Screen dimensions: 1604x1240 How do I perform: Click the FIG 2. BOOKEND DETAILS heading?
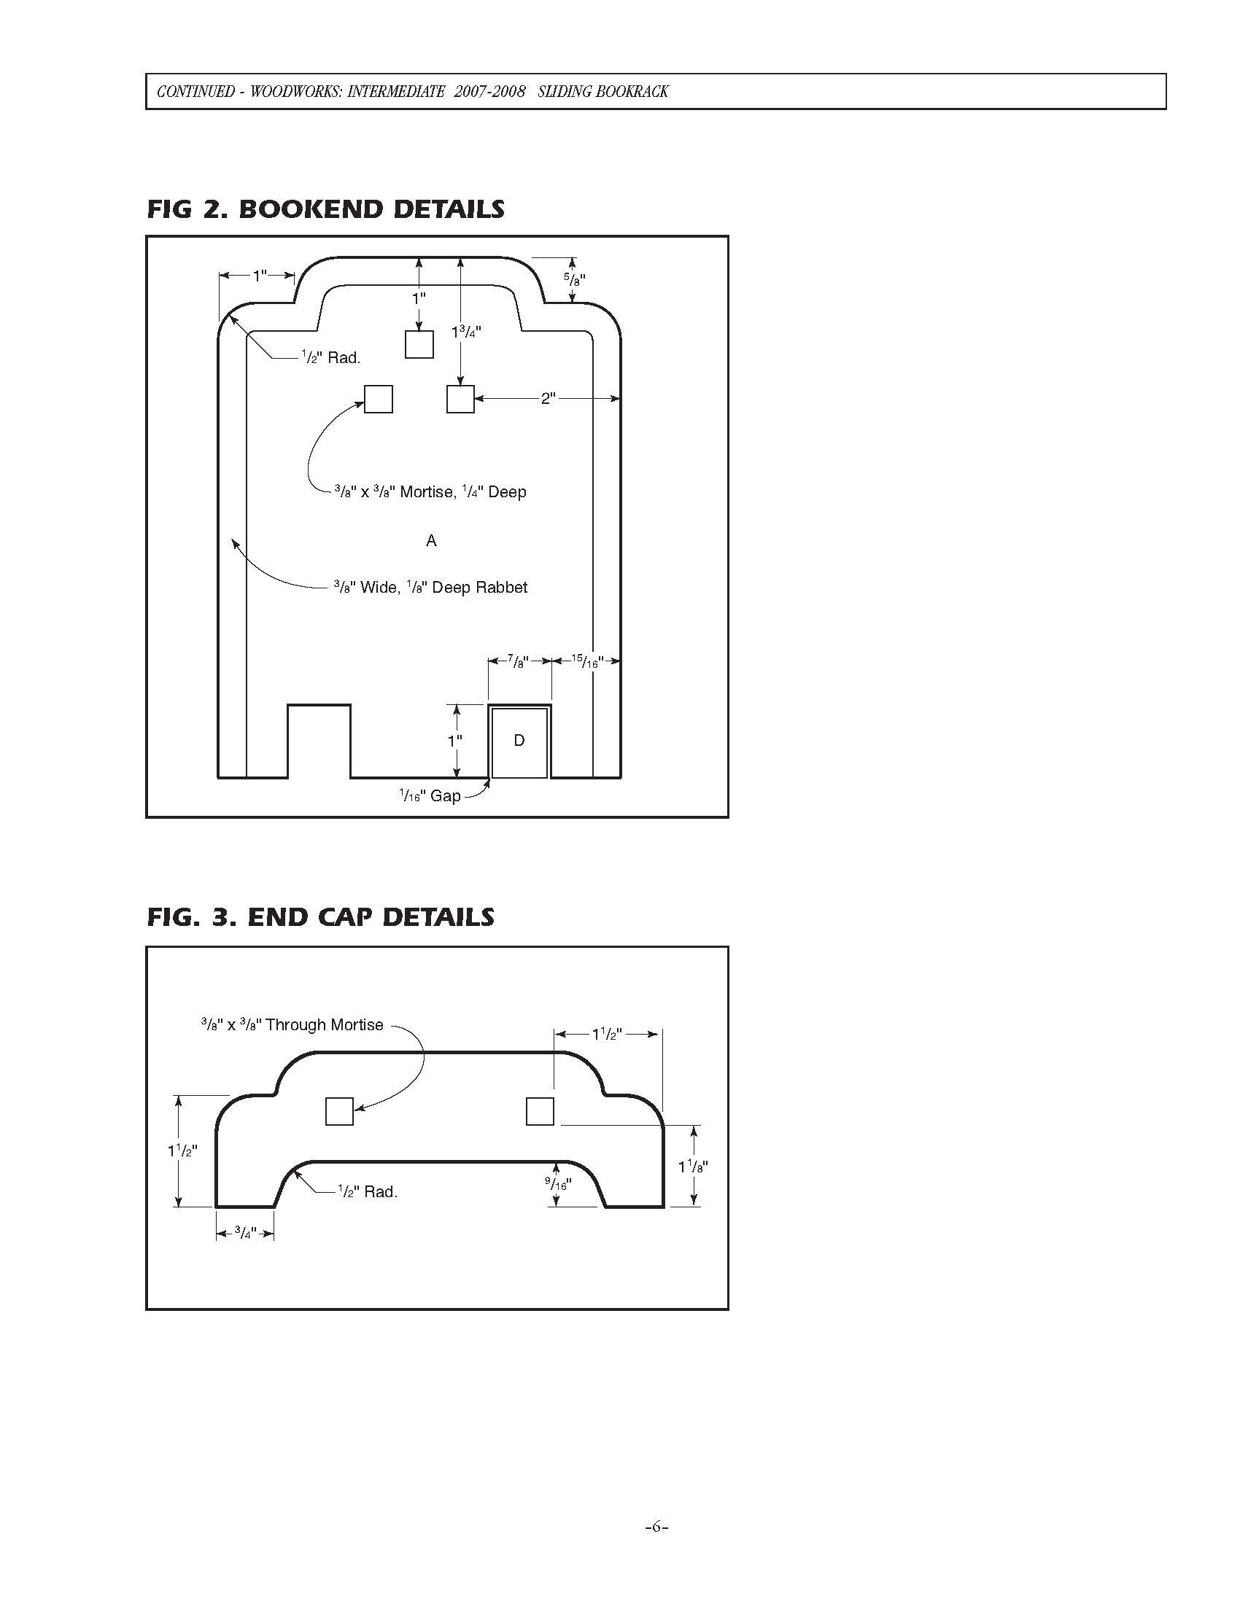point(325,209)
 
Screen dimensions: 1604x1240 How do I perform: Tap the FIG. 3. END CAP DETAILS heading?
point(320,917)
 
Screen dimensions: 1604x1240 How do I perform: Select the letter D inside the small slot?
point(519,740)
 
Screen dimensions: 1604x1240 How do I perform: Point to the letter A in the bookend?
point(431,540)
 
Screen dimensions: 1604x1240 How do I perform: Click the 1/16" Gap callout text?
point(430,795)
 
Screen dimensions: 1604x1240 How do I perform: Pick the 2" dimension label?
point(548,399)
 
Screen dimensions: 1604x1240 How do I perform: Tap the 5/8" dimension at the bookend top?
point(575,279)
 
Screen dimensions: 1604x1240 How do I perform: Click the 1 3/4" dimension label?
point(466,332)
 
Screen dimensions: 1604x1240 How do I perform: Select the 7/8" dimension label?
point(519,661)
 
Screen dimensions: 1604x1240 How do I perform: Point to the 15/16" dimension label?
point(586,661)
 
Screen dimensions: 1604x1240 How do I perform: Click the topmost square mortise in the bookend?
point(419,343)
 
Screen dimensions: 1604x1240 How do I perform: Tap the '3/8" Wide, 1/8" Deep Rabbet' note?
point(430,588)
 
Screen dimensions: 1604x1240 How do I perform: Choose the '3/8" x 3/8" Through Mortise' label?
point(292,1024)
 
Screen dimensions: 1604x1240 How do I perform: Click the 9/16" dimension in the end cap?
point(557,1183)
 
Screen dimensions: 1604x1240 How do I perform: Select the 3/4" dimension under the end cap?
point(244,1233)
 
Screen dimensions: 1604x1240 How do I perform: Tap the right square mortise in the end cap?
point(540,1111)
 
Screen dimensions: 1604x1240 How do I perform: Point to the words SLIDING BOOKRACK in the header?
point(602,92)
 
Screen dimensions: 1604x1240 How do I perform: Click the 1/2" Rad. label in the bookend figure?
point(330,358)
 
